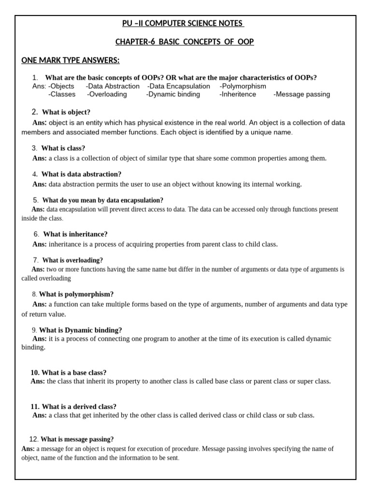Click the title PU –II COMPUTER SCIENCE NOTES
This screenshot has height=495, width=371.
(184, 24)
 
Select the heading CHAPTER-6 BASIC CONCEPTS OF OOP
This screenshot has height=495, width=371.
(184, 42)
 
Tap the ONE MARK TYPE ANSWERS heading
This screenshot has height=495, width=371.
(70, 60)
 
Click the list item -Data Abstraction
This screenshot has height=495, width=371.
(113, 86)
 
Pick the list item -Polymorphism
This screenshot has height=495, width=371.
(243, 86)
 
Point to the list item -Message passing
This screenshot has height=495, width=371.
(301, 94)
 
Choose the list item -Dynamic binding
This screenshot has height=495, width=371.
(172, 94)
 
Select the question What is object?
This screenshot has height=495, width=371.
(66, 112)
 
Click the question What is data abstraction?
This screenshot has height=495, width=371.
(81, 174)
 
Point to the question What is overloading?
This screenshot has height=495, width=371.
(72, 260)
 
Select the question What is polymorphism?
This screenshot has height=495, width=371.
(76, 294)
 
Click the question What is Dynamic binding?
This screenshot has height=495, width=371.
(80, 330)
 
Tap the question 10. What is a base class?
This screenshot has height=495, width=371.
(68, 373)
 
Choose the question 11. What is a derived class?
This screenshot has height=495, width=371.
(73, 407)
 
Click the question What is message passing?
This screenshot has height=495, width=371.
(77, 439)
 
